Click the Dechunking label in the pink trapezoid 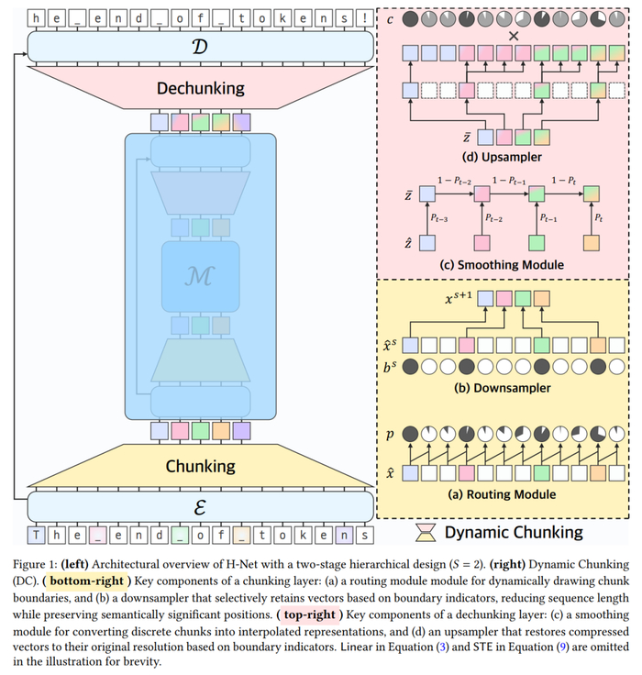click(x=200, y=88)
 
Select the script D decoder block click(x=200, y=44)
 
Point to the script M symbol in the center click(x=200, y=275)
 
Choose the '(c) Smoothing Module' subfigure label click(x=502, y=266)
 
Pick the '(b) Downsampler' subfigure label click(x=502, y=387)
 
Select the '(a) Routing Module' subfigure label click(x=502, y=494)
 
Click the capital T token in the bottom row click(x=38, y=534)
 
